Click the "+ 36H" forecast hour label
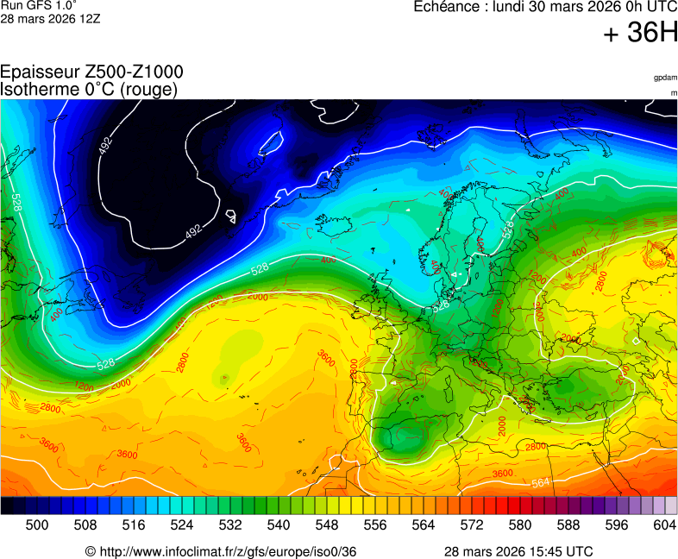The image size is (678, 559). coord(641,33)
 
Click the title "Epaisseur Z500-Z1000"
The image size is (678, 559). coord(91,72)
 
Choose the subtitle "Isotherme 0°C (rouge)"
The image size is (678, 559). coord(90,89)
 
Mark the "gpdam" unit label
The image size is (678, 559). coord(665,78)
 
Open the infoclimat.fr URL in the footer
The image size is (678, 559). coord(229,551)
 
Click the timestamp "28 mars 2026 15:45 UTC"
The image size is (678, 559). coord(518,551)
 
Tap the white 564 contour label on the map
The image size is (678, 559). coord(541,482)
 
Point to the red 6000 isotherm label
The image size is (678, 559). coord(258,296)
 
